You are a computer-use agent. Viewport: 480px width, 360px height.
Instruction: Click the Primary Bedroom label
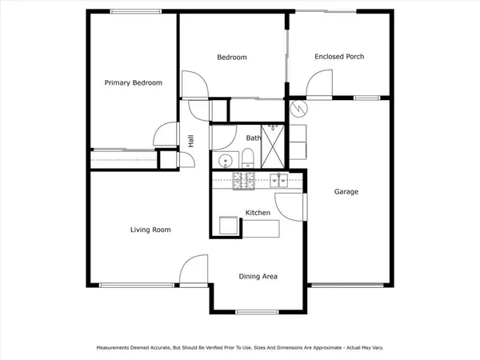tap(134, 82)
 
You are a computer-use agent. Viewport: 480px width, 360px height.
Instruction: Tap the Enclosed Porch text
tap(339, 57)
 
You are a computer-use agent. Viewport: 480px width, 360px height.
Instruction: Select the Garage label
tap(346, 192)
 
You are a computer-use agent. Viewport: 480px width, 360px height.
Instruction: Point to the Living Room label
tap(150, 230)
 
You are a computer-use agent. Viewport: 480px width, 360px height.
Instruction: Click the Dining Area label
tap(258, 276)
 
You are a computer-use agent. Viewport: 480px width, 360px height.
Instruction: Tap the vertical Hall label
tap(191, 140)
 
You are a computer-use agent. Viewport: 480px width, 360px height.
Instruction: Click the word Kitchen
tap(258, 213)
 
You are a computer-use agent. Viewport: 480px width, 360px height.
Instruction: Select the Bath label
tap(253, 138)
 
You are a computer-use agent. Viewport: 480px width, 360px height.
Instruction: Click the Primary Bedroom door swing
tap(166, 136)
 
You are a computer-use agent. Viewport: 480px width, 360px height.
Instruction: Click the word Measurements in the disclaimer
tap(116, 348)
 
